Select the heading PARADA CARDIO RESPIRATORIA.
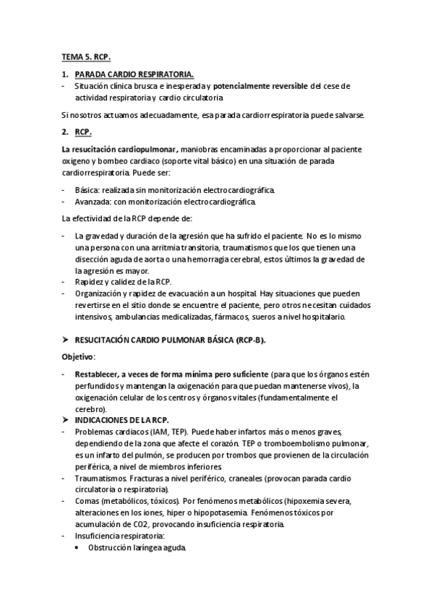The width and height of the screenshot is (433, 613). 134,74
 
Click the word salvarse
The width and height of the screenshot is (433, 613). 350,115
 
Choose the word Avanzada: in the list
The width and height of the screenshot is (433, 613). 93,202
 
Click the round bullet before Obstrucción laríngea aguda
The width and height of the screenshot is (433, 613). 79,547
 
